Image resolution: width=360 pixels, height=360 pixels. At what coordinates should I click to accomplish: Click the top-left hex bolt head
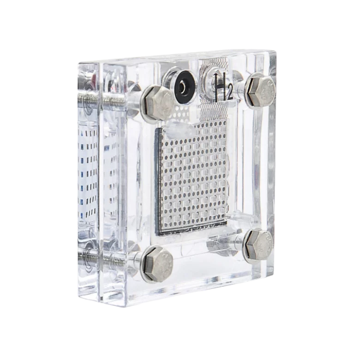pos(159,103)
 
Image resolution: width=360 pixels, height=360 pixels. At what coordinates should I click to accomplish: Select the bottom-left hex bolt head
pos(158,264)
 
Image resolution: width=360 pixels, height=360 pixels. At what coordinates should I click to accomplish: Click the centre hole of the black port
pos(184,87)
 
